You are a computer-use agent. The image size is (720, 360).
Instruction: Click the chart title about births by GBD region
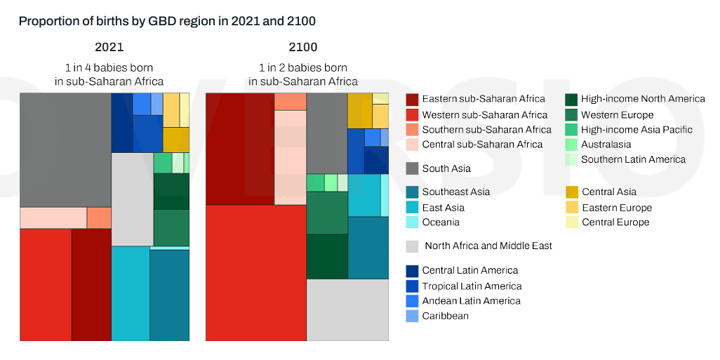(167, 21)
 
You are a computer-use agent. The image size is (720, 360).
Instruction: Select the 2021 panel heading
(109, 48)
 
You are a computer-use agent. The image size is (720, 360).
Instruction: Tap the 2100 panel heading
(302, 48)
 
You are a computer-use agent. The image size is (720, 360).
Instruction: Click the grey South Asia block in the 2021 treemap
(65, 149)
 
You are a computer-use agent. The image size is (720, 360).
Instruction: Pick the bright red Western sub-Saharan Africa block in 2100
(256, 272)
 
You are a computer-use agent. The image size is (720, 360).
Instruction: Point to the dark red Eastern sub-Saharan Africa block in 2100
(239, 149)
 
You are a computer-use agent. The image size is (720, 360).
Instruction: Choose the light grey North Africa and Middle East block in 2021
(132, 199)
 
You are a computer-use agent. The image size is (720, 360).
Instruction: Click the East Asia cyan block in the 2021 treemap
(131, 293)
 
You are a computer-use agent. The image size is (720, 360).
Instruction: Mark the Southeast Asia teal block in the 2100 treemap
(368, 248)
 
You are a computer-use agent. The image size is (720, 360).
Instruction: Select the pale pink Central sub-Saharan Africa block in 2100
(290, 157)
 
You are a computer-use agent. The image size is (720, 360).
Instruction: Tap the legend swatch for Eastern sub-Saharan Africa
(413, 100)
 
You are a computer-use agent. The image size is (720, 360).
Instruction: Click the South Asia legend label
(446, 168)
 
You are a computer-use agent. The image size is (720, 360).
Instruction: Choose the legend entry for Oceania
(441, 222)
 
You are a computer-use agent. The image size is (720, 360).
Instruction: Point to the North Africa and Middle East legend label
(488, 246)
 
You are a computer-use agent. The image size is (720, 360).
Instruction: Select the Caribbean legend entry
(445, 316)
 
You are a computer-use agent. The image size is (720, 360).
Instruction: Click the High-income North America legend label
(643, 99)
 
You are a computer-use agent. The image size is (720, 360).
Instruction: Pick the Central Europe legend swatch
(572, 222)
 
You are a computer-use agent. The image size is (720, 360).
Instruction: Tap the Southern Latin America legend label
(633, 159)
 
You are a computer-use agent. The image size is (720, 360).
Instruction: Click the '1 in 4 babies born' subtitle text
(109, 68)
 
